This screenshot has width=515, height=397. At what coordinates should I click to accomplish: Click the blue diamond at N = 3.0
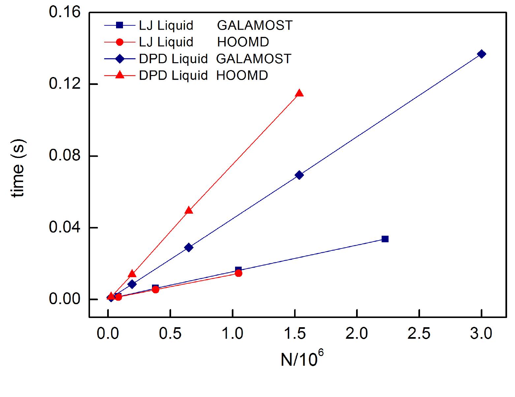481,54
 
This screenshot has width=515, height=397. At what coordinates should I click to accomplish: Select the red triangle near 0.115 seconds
299,93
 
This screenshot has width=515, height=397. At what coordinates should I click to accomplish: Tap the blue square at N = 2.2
385,239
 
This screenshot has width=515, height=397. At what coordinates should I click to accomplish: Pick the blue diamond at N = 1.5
299,175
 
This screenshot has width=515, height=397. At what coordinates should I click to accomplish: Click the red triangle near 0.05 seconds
188,210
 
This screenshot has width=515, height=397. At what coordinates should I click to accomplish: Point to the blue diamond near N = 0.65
189,247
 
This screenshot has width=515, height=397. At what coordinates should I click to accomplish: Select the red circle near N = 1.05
238,273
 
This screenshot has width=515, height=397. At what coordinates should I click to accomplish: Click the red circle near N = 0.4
155,290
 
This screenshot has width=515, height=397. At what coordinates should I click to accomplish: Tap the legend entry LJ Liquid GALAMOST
198,25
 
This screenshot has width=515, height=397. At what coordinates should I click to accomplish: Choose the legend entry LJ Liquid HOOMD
186,42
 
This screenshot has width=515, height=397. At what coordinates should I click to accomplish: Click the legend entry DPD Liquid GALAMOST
198,59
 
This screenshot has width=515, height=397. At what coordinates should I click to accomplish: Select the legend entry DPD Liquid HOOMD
186,76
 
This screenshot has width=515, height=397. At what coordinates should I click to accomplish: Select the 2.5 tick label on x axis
419,334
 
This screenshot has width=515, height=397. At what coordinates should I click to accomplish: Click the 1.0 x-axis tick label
232,334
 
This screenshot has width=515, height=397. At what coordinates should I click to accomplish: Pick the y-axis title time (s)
18,169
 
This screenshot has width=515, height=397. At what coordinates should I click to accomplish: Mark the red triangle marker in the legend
120,75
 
